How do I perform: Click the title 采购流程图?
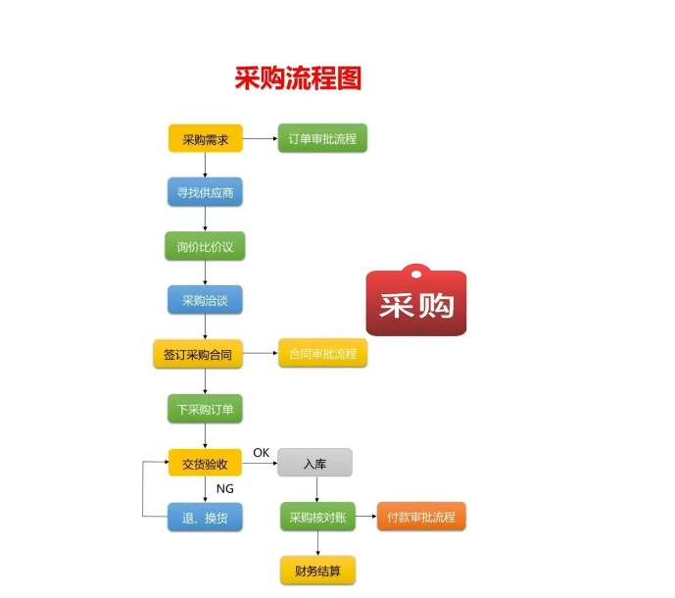point(298,78)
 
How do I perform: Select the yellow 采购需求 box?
point(205,139)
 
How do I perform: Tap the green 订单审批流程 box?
point(322,139)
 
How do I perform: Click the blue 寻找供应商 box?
point(205,192)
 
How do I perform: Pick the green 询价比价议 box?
point(205,246)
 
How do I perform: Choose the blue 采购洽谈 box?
point(205,300)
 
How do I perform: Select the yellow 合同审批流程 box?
point(322,353)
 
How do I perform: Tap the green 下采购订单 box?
point(205,409)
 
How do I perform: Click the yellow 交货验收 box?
point(205,463)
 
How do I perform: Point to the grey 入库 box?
point(314,463)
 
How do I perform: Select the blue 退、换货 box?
point(205,517)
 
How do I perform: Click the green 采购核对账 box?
point(314,517)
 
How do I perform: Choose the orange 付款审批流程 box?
point(421,516)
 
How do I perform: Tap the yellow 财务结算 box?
point(314,570)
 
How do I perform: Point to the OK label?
point(261,452)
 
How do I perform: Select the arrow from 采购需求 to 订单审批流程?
point(260,139)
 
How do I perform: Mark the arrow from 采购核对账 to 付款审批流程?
point(362,517)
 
